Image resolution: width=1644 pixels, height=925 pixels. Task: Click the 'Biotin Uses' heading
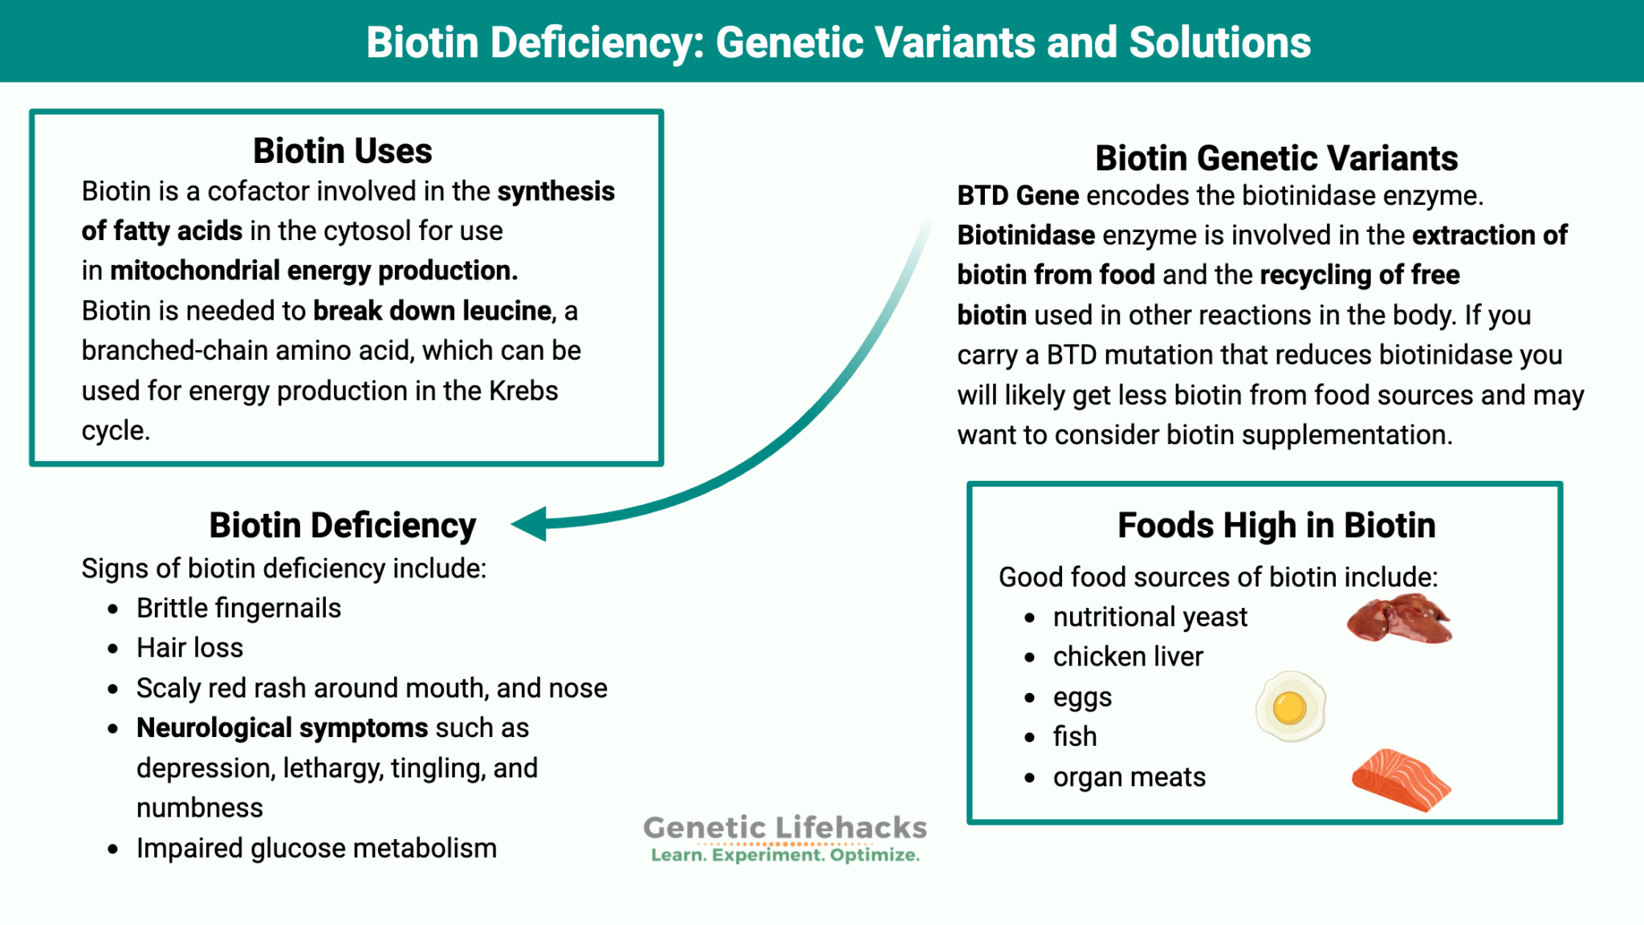343,151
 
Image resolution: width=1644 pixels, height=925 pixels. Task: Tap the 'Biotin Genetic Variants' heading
1276,158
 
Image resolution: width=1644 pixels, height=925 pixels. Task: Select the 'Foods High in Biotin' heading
1276,525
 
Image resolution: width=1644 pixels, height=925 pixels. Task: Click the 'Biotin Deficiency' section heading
343,525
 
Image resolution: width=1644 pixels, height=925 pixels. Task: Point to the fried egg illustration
1290,707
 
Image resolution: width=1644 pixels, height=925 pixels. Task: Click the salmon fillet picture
1401,780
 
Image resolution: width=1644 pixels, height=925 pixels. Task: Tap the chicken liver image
1399,619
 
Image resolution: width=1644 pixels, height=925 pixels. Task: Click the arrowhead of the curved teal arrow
530,524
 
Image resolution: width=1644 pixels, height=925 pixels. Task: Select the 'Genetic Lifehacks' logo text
785,828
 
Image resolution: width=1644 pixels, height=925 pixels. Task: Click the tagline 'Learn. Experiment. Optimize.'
785,855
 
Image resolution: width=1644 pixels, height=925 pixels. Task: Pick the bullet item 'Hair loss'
189,648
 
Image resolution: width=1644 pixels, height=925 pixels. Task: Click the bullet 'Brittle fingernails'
238,609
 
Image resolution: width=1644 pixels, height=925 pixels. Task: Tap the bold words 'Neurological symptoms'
282,727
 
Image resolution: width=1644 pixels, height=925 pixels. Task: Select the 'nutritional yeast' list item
1150,617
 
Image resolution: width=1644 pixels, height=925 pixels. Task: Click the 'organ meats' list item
1129,777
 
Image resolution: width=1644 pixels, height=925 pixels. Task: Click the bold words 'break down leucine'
432,311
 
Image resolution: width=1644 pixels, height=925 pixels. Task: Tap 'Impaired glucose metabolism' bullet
316,848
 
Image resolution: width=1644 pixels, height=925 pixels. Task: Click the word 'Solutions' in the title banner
1219,43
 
